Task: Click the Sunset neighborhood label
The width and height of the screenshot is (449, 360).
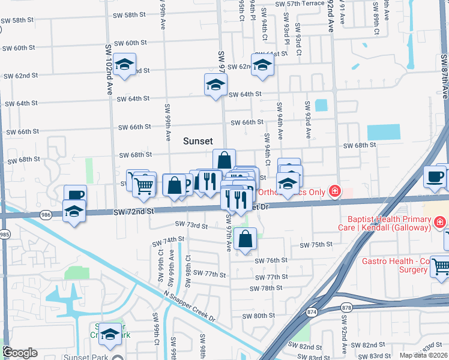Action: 197,141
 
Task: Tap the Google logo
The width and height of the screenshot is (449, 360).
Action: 20,353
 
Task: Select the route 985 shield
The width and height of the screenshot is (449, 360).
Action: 5,234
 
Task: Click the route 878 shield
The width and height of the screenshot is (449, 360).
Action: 348,308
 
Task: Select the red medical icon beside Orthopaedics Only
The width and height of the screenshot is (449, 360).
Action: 335,192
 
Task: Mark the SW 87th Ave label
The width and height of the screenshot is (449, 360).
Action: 444,78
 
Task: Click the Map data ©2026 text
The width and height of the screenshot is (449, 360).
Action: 423,355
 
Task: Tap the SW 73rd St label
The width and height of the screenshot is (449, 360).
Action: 191,225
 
